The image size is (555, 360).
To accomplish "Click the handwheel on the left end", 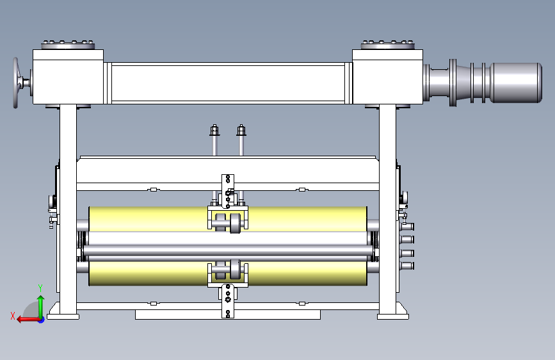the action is (x=16, y=83).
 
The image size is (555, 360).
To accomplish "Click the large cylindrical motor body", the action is (x=516, y=83).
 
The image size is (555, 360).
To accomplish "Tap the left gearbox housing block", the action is (x=68, y=77).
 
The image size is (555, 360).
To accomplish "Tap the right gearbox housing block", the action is (x=387, y=77).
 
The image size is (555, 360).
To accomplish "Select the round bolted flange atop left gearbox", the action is (x=68, y=45).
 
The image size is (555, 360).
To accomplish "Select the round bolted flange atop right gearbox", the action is (x=387, y=45).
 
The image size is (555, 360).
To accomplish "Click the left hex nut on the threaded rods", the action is (x=214, y=130).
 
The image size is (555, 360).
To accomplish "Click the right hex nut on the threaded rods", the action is (x=241, y=130).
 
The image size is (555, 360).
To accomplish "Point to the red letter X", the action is (x=13, y=316).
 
